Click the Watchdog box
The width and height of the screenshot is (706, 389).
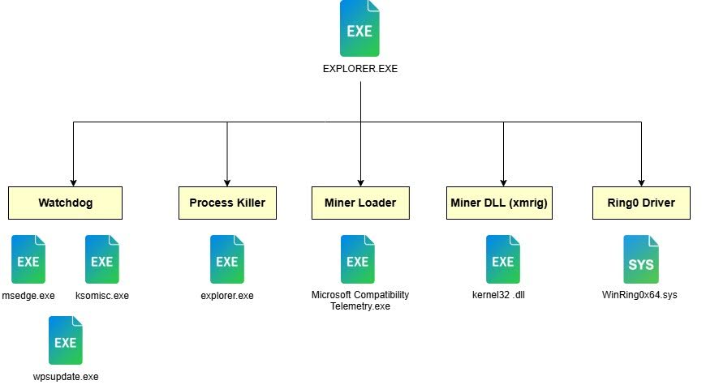pos(66,203)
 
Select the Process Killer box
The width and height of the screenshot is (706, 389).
pos(227,203)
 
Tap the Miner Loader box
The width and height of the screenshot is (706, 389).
pos(360,203)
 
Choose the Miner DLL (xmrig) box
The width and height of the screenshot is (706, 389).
pos(500,203)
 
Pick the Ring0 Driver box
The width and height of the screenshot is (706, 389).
pos(641,203)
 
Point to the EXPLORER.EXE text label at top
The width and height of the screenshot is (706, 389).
pos(360,69)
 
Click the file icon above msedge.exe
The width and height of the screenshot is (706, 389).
pos(28,259)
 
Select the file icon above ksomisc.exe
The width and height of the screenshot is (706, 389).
pos(101,259)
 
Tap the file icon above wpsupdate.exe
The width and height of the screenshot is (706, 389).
pos(66,340)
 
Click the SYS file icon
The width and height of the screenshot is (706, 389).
pos(640,259)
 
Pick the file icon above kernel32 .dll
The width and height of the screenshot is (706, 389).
pos(503,259)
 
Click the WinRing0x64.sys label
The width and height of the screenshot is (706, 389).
pos(639,295)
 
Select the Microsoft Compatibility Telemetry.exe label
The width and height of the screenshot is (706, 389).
pos(360,300)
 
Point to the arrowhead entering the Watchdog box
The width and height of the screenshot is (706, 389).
pos(74,182)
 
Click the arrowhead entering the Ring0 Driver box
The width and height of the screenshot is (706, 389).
pos(641,182)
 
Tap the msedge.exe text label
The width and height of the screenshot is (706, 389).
pos(28,295)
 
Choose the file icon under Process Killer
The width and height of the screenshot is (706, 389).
pos(227,259)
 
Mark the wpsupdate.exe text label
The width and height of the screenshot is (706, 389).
pos(66,377)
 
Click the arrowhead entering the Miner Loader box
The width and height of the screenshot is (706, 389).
pos(360,182)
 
